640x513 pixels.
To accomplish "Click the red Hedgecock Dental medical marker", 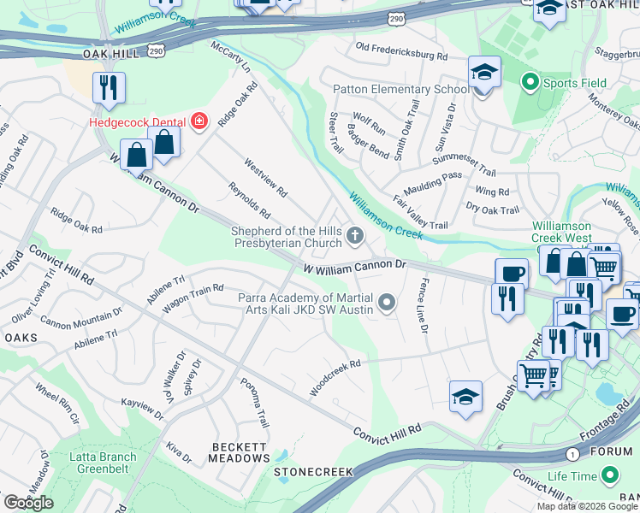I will tap(199, 121).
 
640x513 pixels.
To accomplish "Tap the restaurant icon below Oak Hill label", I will tap(110, 88).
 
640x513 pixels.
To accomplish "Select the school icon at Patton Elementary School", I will tap(484, 74).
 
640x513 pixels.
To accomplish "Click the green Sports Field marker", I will tap(530, 83).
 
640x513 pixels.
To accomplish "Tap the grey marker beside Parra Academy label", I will tap(388, 302).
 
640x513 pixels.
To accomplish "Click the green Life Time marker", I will tap(610, 475).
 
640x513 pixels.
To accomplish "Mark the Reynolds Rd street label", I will tap(249, 200).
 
